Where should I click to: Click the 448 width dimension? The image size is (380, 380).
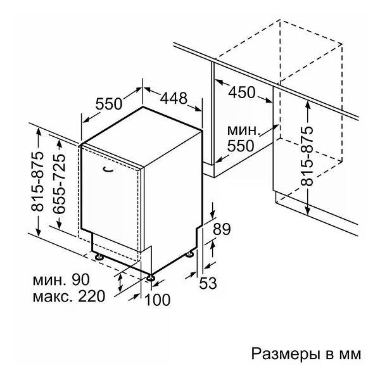click(174, 98)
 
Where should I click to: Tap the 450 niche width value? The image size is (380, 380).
click(242, 92)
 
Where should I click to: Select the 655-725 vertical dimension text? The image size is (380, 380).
click(59, 184)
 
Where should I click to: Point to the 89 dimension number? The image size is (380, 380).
click(222, 229)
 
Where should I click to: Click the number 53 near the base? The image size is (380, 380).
click(208, 283)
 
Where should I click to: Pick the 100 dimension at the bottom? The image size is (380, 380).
click(157, 300)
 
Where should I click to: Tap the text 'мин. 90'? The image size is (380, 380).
click(61, 280)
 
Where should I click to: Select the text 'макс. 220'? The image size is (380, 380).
click(69, 296)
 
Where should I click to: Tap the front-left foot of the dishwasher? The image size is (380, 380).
click(99, 256)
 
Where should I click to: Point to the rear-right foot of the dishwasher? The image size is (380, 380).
click(189, 254)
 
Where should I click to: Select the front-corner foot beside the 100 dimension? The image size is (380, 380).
click(150, 277)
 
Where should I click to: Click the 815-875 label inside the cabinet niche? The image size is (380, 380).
click(307, 156)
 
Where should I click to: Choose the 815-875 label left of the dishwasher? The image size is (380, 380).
click(38, 181)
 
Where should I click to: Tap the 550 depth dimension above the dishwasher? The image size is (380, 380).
click(108, 104)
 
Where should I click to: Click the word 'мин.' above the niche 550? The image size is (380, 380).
click(244, 130)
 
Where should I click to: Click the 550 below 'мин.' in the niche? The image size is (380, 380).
click(241, 146)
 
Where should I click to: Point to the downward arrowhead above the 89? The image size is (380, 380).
click(213, 214)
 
